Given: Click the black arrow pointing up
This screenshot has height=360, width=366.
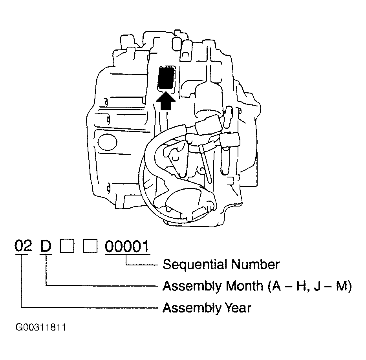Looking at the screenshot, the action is (165, 101).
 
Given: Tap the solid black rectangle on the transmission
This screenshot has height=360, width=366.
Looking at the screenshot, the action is (166, 78).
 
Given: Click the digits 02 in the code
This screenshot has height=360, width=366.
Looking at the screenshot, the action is (23, 246).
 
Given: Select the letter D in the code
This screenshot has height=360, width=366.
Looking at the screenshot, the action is (46, 246).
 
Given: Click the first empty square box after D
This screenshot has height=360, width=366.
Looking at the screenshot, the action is (67, 246).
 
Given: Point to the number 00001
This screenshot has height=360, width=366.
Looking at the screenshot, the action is (127, 247).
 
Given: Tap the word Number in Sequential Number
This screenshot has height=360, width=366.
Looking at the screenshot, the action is (256, 264).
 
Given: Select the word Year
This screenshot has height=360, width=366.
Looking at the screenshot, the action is (238, 307).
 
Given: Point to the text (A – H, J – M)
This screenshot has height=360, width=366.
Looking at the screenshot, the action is (310, 286).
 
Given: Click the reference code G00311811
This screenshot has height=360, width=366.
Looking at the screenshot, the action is (41, 327).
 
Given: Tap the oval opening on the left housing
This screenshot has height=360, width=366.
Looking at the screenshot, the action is (107, 142).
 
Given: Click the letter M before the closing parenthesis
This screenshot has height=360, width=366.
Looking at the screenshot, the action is (342, 285).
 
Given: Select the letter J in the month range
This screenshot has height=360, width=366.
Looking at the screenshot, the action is (317, 286).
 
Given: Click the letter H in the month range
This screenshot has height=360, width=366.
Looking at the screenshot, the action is (301, 285).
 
